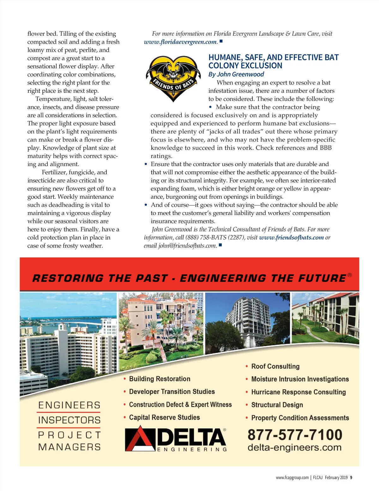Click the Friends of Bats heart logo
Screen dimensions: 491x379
click(173, 78)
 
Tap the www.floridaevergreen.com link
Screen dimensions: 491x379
click(180, 42)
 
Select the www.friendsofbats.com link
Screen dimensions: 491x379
click(291, 238)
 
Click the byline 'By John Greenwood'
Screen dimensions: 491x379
click(236, 74)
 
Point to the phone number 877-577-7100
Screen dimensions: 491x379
click(295, 435)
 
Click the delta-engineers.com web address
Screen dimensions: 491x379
click(294, 448)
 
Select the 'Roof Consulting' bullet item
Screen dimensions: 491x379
click(275, 367)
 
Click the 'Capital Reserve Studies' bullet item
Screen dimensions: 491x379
click(164, 418)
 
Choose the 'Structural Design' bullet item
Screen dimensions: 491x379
click(277, 405)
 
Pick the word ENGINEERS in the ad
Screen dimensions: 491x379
click(69, 405)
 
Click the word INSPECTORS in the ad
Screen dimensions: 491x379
click(69, 420)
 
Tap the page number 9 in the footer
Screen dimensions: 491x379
click(351, 477)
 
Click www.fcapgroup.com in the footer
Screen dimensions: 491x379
click(292, 477)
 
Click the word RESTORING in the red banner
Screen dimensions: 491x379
click(68, 278)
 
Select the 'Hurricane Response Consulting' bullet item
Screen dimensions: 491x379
click(298, 392)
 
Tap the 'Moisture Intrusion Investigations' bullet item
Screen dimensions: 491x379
click(300, 379)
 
